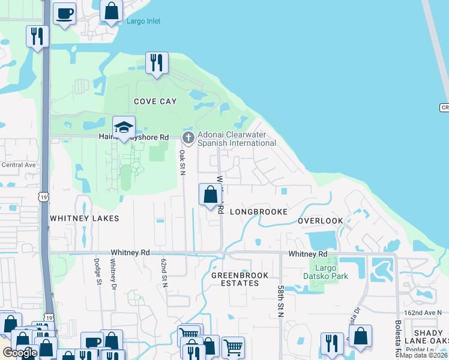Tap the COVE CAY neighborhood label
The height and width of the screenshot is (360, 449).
(155, 101)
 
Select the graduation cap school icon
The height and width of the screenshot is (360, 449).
(124, 127)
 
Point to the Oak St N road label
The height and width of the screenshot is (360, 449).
(181, 163)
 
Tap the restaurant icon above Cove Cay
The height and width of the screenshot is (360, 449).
(157, 63)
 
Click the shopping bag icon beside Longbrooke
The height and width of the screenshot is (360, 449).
(210, 195)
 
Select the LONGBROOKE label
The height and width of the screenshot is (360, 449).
(258, 212)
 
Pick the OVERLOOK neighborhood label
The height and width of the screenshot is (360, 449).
(321, 221)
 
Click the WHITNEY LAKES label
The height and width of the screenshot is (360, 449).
(84, 218)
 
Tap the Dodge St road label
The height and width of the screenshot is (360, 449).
(98, 272)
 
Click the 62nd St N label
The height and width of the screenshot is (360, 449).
(163, 274)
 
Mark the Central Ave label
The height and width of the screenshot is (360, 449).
(19, 165)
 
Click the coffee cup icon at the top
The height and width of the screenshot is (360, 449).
(65, 13)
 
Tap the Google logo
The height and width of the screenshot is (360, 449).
(20, 353)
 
